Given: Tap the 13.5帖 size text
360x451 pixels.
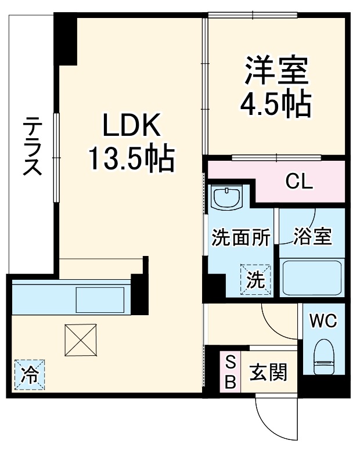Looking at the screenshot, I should pyautogui.click(x=131, y=157).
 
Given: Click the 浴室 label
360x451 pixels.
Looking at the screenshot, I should pyautogui.click(x=312, y=237).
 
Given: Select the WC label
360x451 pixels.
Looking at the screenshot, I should pyautogui.click(x=322, y=321).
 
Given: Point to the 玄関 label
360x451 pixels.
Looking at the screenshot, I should pyautogui.click(x=268, y=372).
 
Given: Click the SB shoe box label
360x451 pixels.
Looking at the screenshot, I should pyautogui.click(x=230, y=372).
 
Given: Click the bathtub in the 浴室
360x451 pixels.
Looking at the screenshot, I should pyautogui.click(x=312, y=277).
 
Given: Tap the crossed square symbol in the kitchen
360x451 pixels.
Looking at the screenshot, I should pyautogui.click(x=81, y=340).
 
